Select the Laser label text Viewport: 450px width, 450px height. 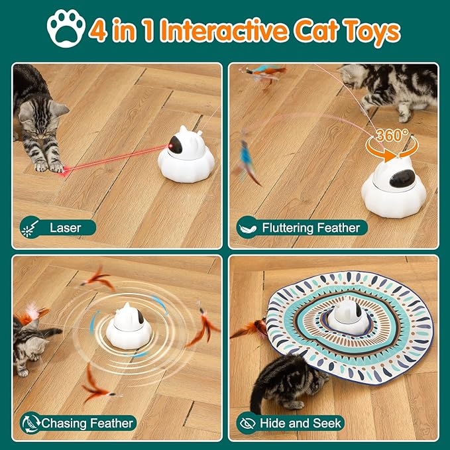66,227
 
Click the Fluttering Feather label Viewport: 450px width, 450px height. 311,227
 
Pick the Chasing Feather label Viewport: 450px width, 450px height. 87,422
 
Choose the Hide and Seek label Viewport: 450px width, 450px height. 301,422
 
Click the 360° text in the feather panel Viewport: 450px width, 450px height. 392,135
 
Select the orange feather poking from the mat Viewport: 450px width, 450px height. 251,328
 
